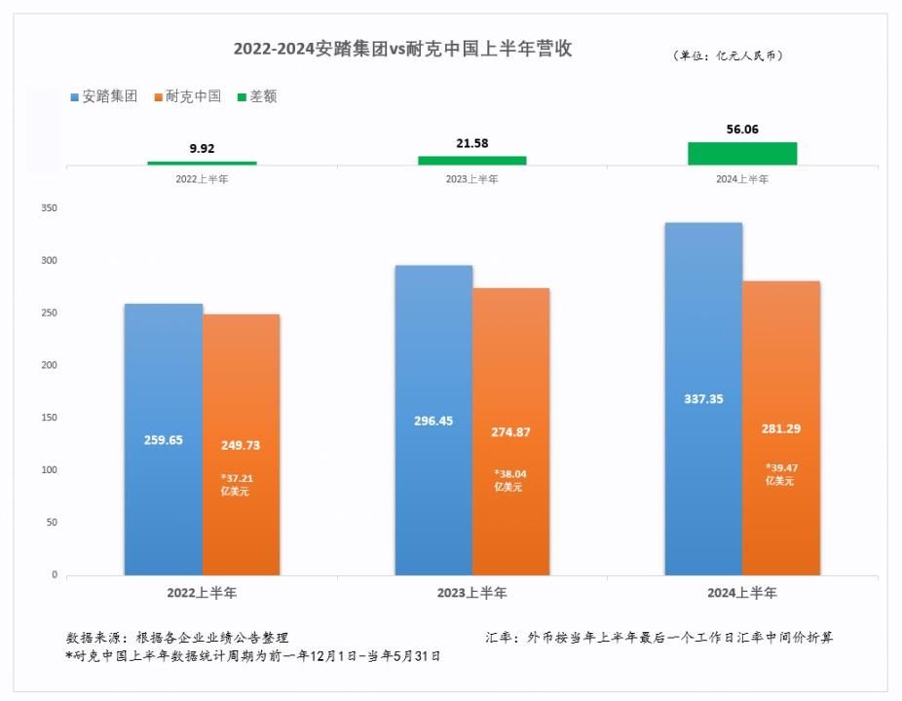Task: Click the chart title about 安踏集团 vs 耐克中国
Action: pyautogui.click(x=402, y=50)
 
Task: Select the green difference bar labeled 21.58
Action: pyautogui.click(x=472, y=160)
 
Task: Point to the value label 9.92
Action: pyautogui.click(x=202, y=149)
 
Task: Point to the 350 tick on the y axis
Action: pyautogui.click(x=50, y=208)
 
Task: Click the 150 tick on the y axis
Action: pyautogui.click(x=50, y=418)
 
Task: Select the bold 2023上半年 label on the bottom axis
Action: pyautogui.click(x=472, y=592)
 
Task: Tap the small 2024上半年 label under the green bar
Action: pyautogui.click(x=742, y=179)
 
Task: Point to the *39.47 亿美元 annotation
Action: pyautogui.click(x=781, y=474)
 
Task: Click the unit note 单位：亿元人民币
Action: pyautogui.click(x=729, y=55)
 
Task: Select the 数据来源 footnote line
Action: pyautogui.click(x=177, y=638)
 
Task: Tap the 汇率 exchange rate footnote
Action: pyautogui.click(x=658, y=638)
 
